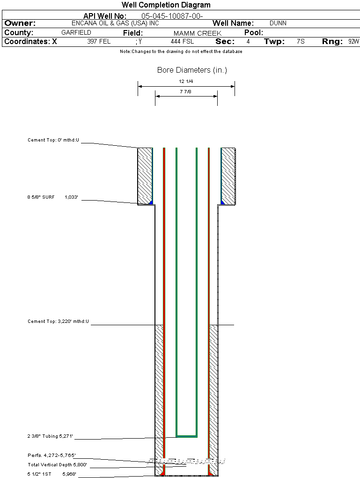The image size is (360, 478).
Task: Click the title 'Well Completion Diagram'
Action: point(166,5)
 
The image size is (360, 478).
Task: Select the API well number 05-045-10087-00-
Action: point(172,16)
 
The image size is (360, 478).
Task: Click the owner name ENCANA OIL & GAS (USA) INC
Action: point(118,23)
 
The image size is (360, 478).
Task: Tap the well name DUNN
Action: point(278,23)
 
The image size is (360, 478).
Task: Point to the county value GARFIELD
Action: point(76,33)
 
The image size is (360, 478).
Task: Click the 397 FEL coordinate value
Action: point(99,42)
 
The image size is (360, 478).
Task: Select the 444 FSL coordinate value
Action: point(182,42)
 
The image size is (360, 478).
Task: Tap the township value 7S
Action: point(301,42)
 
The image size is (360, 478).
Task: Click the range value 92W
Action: point(353,42)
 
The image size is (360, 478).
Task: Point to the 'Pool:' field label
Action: point(254,33)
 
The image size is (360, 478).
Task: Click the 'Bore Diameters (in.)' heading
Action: point(192,70)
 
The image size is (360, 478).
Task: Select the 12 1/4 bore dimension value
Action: point(186,82)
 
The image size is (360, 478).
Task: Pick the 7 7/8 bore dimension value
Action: point(186,92)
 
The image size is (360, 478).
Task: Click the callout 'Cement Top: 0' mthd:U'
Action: point(53,140)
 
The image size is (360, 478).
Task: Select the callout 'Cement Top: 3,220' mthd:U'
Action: point(58,321)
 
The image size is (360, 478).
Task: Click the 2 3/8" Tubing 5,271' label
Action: point(51,437)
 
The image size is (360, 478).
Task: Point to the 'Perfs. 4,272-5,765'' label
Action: point(51,455)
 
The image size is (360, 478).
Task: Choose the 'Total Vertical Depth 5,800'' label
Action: point(58,465)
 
